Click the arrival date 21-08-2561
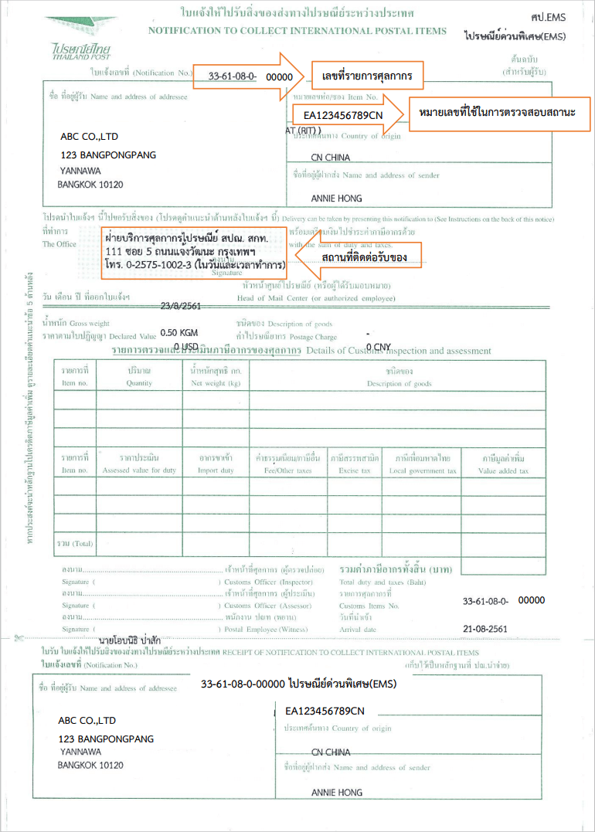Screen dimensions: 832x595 tap(485, 629)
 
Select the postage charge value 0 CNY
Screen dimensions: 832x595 tap(379, 346)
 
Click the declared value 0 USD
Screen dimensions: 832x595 tap(187, 346)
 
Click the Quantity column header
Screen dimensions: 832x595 tap(140, 377)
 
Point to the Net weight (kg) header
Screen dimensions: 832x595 tap(216, 377)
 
